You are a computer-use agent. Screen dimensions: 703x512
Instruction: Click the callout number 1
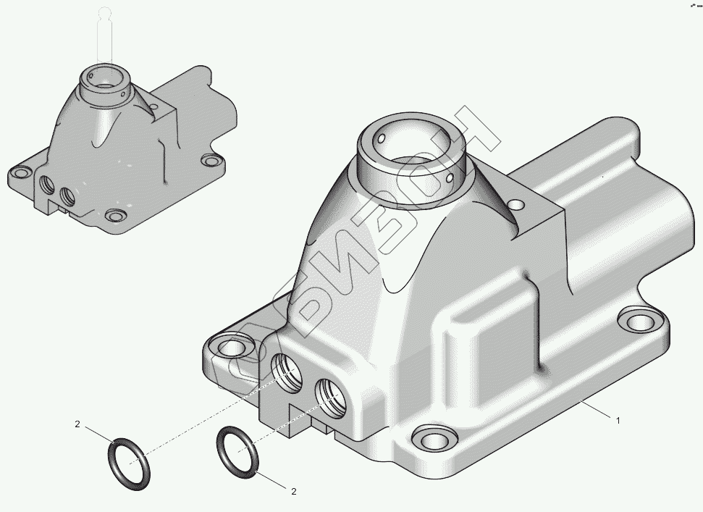(618, 421)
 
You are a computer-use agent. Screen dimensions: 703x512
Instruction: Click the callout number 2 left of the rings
(77, 424)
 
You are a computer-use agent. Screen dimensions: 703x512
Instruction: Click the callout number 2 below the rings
(294, 492)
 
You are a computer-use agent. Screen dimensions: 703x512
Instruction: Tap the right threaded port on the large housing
(332, 396)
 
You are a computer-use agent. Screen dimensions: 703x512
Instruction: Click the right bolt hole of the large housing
(641, 321)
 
